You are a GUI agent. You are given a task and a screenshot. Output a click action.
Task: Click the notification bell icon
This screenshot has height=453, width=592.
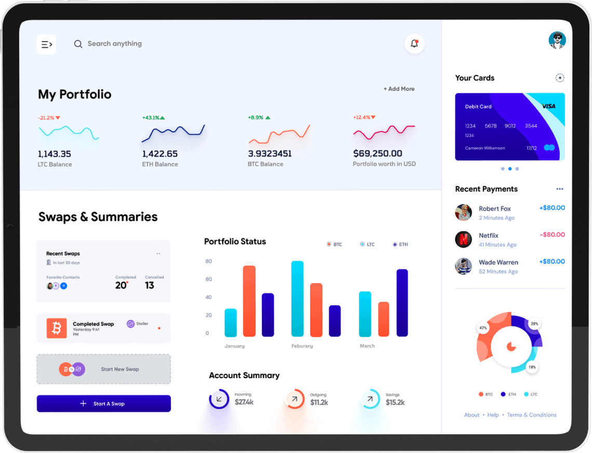click(x=414, y=44)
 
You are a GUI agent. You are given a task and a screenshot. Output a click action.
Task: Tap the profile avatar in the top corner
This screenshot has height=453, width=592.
click(x=557, y=40)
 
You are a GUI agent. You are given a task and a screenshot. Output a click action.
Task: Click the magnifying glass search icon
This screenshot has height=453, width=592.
click(x=78, y=44)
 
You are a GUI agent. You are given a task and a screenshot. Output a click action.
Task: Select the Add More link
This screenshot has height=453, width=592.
click(x=399, y=89)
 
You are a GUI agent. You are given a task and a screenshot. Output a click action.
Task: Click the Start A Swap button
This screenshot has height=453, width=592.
click(x=103, y=404)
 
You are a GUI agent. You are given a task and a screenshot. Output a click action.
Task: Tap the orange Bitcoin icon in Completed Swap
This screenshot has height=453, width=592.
click(x=57, y=328)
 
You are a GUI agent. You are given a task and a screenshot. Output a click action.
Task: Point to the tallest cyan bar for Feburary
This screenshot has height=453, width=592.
click(x=297, y=298)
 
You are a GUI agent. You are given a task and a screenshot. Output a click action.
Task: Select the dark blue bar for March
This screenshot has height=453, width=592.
click(x=402, y=302)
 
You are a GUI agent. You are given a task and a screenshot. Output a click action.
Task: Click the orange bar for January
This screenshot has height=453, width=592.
click(x=249, y=301)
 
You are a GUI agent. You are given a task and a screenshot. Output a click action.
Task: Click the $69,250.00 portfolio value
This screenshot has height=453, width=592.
click(x=378, y=154)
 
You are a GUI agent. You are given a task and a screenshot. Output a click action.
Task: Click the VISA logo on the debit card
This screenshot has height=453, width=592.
click(x=548, y=106)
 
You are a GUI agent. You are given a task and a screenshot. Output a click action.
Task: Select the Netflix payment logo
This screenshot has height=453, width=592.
click(x=463, y=239)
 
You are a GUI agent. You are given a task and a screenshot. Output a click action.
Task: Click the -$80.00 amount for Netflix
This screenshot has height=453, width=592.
click(x=552, y=235)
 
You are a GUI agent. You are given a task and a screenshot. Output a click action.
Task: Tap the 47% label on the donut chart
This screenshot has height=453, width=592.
click(x=483, y=328)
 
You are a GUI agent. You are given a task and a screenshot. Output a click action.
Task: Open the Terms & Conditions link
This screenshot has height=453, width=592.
click(x=531, y=415)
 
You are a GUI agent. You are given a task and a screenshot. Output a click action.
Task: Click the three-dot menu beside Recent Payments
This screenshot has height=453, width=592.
click(x=559, y=189)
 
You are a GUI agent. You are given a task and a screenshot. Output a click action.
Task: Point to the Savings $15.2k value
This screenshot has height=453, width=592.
click(x=395, y=403)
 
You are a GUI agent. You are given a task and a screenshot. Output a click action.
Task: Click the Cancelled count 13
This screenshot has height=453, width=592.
click(x=150, y=285)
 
